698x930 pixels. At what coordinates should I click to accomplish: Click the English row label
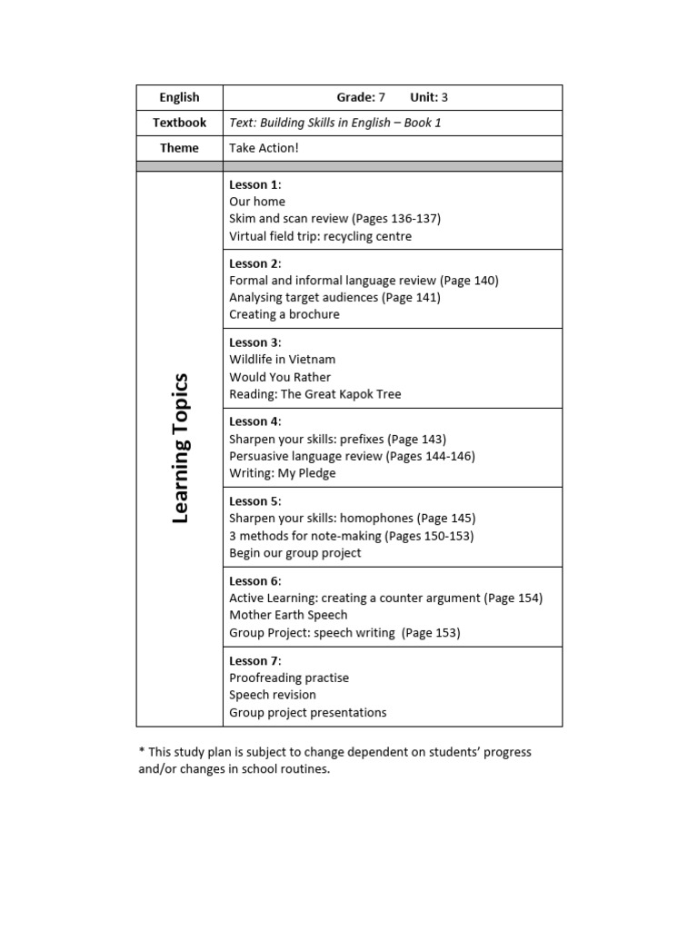pos(179,97)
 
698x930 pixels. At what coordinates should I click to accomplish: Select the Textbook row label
pos(179,123)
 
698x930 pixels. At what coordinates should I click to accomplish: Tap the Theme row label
pos(179,148)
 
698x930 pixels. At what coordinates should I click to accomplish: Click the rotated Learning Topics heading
pos(180,448)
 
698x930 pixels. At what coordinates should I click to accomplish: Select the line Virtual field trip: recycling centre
pos(320,236)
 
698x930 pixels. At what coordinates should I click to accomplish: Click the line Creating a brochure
pos(284,314)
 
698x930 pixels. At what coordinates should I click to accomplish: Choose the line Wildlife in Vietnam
pos(282,360)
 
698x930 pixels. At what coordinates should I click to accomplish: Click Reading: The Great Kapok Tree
pos(314,394)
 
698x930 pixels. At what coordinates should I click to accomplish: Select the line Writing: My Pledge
pos(283,473)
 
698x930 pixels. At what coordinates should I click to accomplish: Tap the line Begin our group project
pos(295,552)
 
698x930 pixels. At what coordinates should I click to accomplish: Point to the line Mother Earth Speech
pos(288,615)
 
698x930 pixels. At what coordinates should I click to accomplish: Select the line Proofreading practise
pos(289,678)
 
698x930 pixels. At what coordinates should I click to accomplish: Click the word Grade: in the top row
pos(355,97)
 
